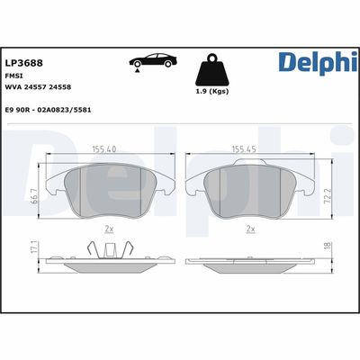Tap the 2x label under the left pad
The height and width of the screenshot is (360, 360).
[107, 229]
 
